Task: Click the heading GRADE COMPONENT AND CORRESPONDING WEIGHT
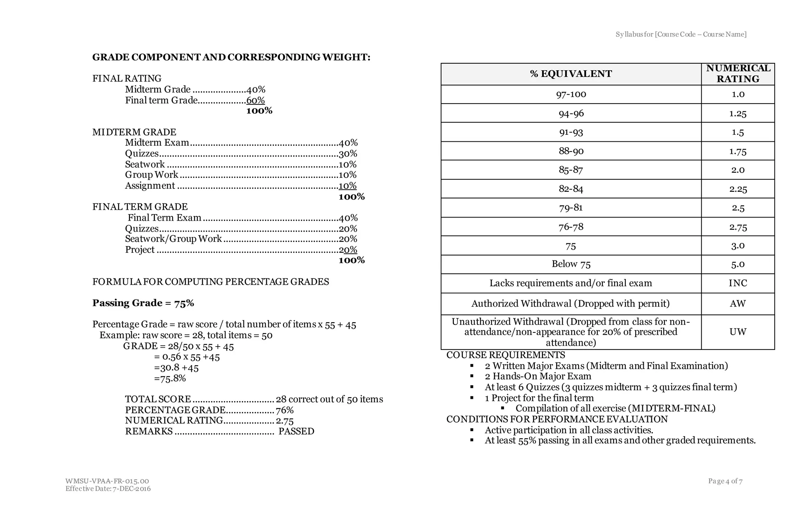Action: coord(231,57)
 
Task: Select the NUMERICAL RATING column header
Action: coord(737,73)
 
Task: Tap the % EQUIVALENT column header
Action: coord(571,74)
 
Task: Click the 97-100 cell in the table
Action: coord(571,94)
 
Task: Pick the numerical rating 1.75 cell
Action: coord(737,151)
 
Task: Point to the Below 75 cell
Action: coord(571,264)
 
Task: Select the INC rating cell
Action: coord(737,283)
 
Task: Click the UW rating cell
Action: coord(737,332)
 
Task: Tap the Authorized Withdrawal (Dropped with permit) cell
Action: coord(571,304)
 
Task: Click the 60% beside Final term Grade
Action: coord(255,100)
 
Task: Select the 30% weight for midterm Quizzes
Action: coord(348,154)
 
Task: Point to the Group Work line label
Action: coord(152,175)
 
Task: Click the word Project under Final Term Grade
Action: coord(140,250)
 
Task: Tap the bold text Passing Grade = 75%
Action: coord(143,303)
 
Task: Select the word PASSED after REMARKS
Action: coord(296,431)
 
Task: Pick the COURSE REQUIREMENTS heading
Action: coord(505,355)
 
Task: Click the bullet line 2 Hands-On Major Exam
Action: coord(538,376)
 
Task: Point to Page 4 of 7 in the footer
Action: coord(725,481)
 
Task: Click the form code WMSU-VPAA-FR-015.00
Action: coord(107,481)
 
